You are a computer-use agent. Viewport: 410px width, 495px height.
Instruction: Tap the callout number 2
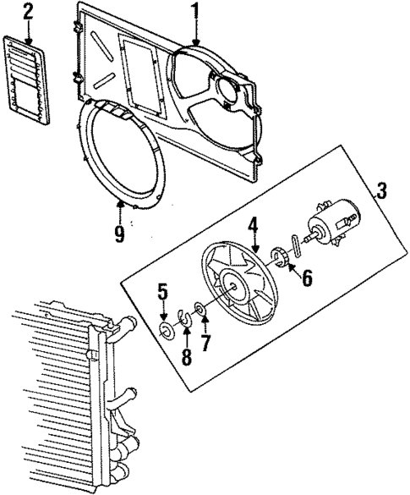click(x=28, y=11)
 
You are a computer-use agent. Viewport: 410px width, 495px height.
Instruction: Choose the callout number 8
click(x=186, y=355)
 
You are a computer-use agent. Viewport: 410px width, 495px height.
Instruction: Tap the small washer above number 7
click(x=200, y=310)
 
